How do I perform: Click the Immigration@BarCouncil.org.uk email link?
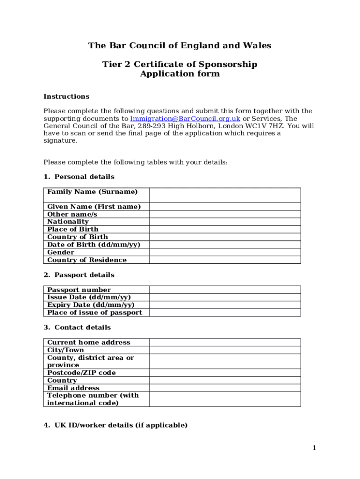click(185, 119)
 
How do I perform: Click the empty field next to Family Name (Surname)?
click(225, 195)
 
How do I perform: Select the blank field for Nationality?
click(225, 222)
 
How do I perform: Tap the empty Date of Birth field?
click(225, 245)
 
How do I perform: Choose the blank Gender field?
click(225, 252)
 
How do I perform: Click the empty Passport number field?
click(225, 290)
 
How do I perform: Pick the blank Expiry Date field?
click(225, 305)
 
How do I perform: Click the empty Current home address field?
click(225, 342)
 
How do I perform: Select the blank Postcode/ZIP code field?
click(225, 373)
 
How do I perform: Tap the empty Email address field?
click(225, 388)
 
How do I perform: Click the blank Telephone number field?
click(225, 399)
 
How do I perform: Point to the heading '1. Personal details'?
click(79, 177)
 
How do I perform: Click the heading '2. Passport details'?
click(79, 275)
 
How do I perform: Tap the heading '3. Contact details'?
click(77, 327)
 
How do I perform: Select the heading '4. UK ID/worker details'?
click(115, 425)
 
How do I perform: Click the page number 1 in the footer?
click(315, 448)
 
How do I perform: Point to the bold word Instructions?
click(66, 96)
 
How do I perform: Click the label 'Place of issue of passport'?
click(94, 312)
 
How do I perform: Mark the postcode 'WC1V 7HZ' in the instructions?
click(268, 126)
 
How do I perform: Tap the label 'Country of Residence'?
click(87, 260)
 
